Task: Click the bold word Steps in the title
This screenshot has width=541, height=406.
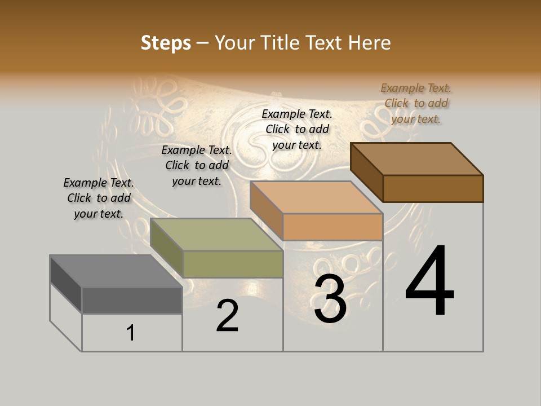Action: coord(166,43)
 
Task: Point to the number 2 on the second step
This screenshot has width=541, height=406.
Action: coord(227,316)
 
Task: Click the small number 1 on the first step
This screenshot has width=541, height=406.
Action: coord(131,333)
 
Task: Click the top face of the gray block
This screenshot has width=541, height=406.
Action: coord(116,271)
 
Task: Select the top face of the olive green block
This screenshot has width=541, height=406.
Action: coord(216,235)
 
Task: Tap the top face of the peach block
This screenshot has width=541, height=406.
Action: coord(317,198)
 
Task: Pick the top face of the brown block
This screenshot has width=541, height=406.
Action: coord(417,159)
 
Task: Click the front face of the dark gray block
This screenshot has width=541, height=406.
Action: coord(132,300)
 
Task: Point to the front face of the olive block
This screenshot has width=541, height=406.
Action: coord(233,264)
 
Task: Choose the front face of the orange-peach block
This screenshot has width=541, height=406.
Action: coord(332,227)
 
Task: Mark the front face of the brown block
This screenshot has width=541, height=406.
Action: coord(433,188)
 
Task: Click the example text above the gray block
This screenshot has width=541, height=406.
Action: coord(99,198)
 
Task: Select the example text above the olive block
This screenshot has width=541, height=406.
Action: coord(197,165)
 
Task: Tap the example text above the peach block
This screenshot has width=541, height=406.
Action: coord(297,129)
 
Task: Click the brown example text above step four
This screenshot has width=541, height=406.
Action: coord(416,103)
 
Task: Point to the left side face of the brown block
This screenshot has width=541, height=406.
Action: coord(367,171)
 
